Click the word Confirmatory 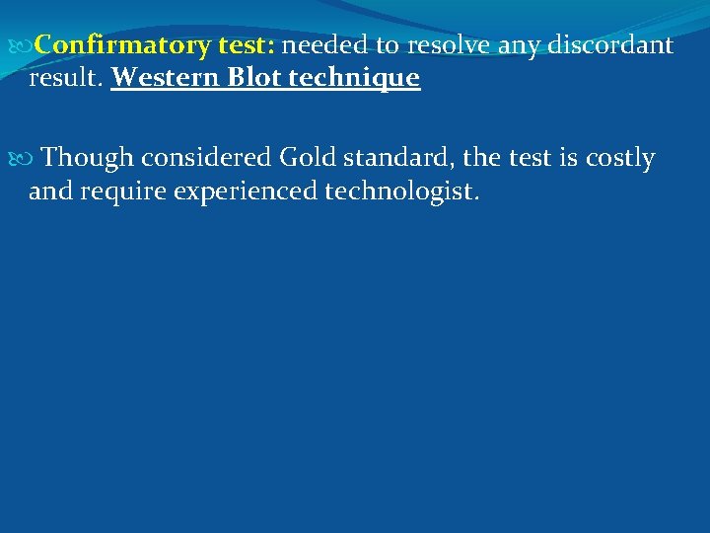coord(122,45)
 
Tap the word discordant coord(610,44)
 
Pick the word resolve coord(447,44)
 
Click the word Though coord(88,158)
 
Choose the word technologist coord(402,191)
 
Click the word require coord(126,191)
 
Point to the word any coord(518,46)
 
